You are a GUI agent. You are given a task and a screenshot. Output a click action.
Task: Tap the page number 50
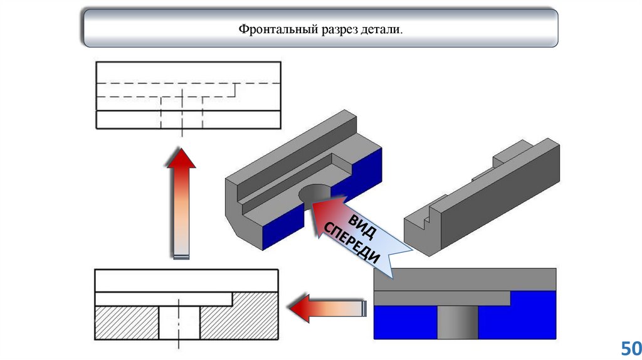click(629, 348)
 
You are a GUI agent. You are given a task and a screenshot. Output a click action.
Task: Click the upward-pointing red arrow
click(181, 201)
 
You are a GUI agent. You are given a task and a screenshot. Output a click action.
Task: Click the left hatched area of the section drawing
click(125, 323)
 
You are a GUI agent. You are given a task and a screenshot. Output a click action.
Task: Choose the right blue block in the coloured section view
click(517, 317)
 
